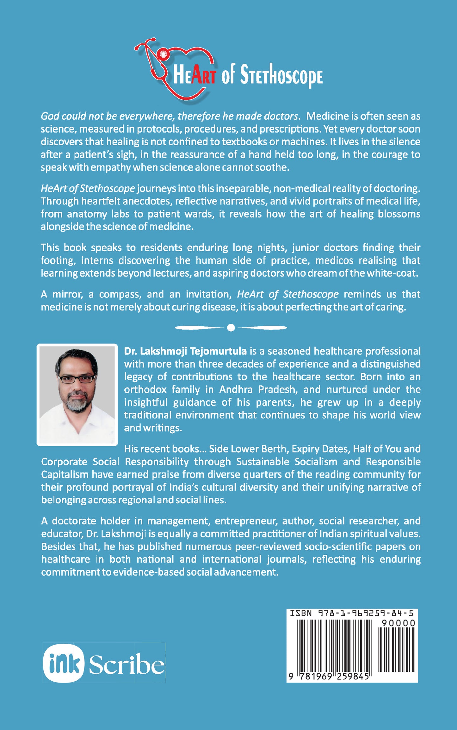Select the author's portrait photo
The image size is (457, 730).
(x=77, y=395)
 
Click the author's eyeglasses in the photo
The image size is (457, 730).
(x=77, y=379)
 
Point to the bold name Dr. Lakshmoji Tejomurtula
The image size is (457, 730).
(x=185, y=351)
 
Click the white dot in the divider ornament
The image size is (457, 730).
(x=231, y=328)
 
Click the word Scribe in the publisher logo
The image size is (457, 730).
(x=127, y=664)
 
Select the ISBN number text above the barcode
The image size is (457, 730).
(x=352, y=613)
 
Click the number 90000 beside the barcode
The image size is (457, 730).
(x=398, y=623)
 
